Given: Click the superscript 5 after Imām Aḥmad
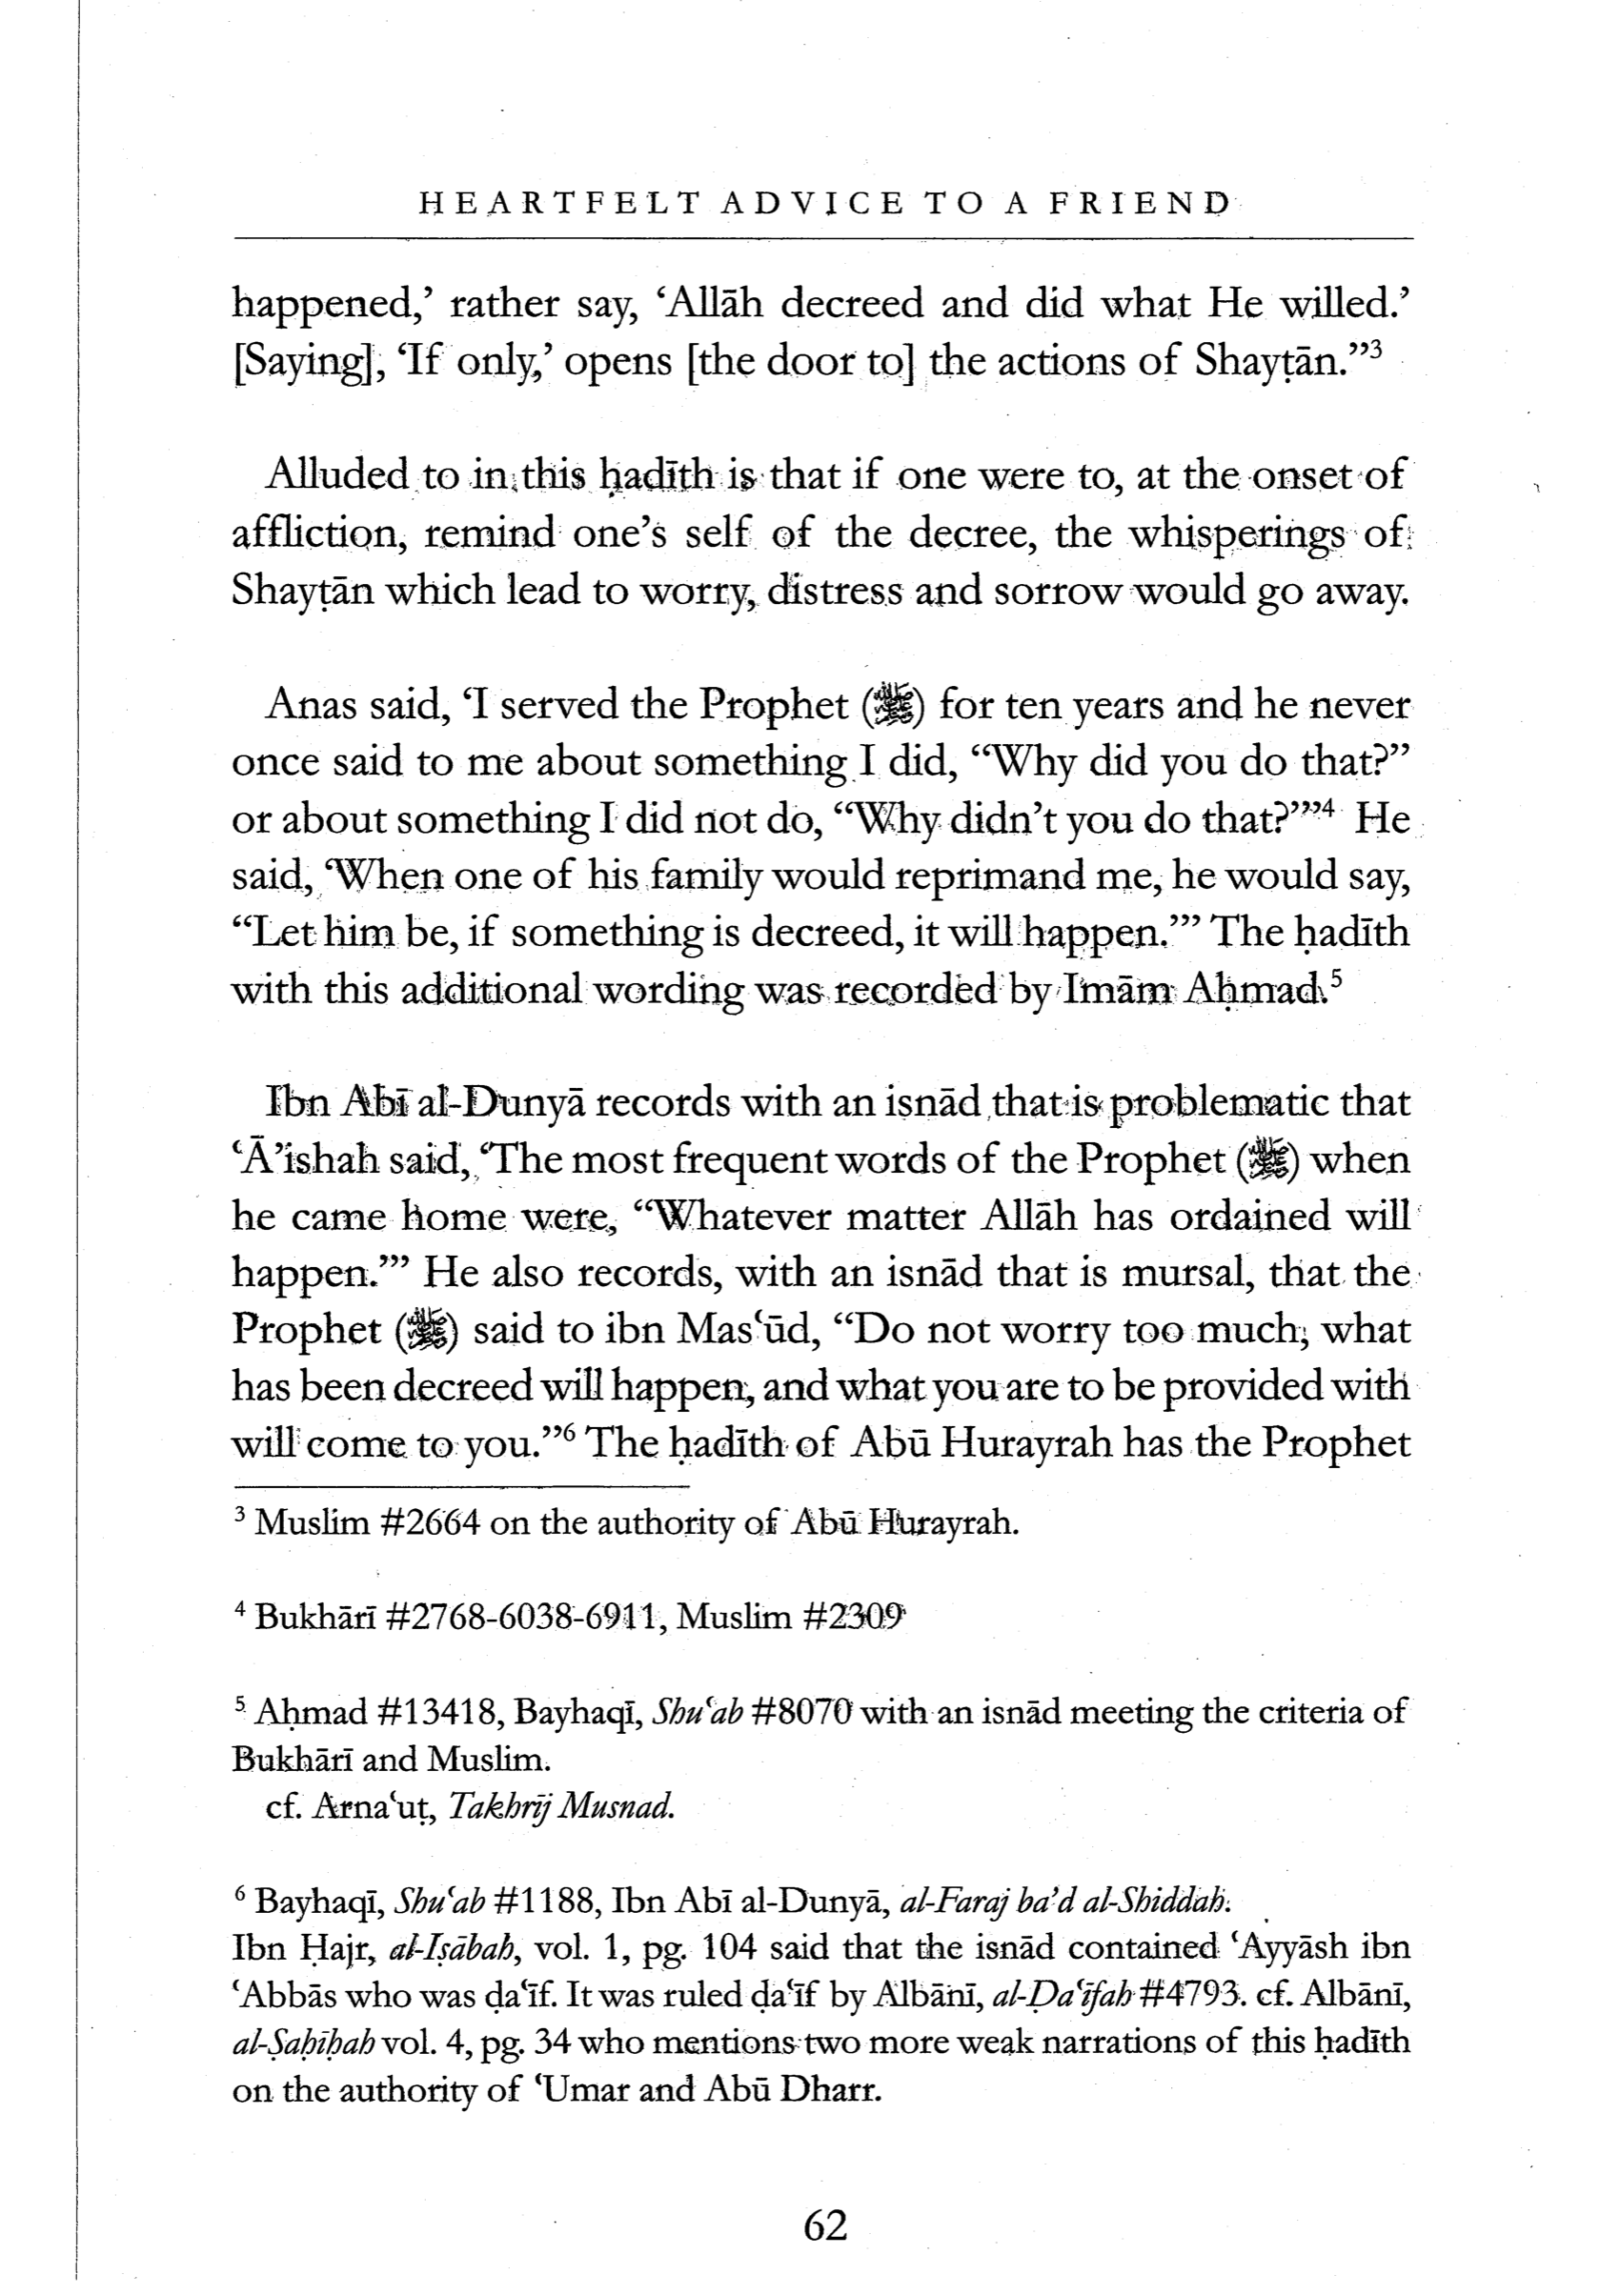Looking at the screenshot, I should coord(1338,980).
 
